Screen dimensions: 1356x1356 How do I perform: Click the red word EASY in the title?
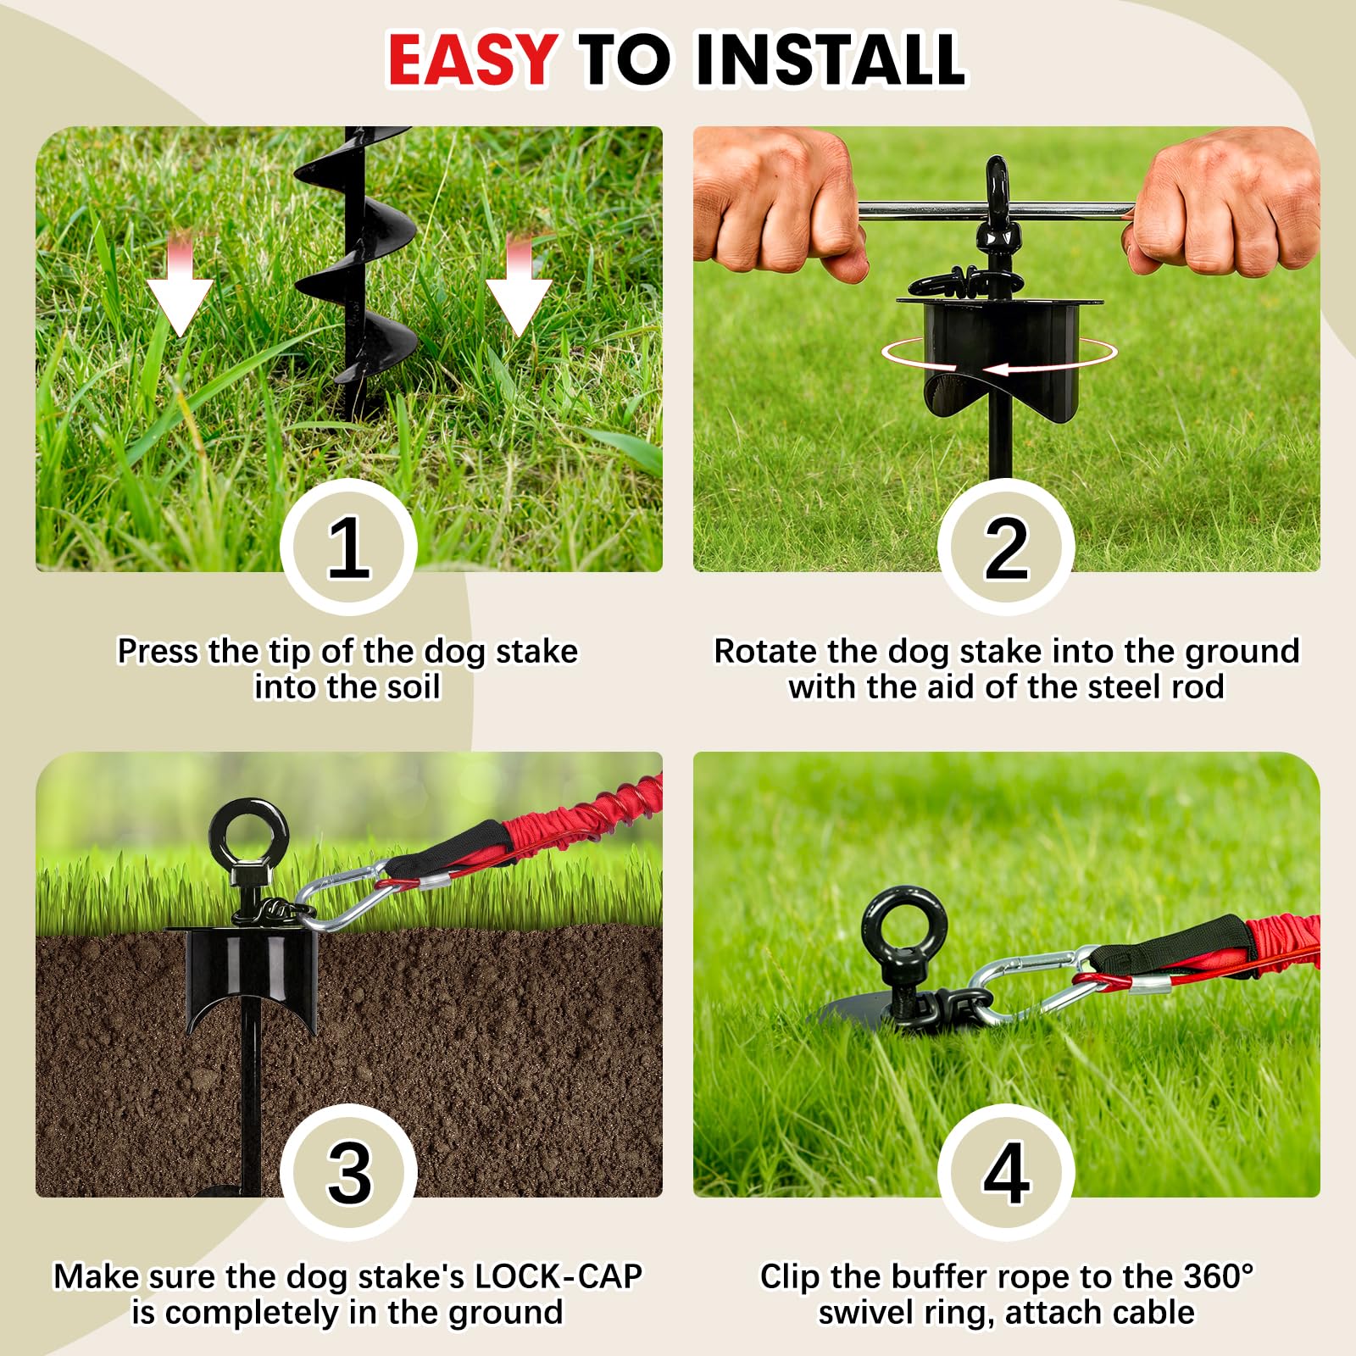[x=472, y=58]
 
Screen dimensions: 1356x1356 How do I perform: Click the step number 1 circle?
[x=348, y=547]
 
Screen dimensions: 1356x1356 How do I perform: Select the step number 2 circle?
[x=1006, y=547]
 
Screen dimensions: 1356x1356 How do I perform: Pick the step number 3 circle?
[x=348, y=1172]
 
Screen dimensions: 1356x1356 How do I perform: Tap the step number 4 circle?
[x=1006, y=1172]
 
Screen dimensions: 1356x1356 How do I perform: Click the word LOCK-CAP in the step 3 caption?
[x=557, y=1276]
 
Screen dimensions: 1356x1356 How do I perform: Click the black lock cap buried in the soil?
[x=251, y=979]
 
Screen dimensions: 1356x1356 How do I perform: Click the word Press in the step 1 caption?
[x=158, y=651]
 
